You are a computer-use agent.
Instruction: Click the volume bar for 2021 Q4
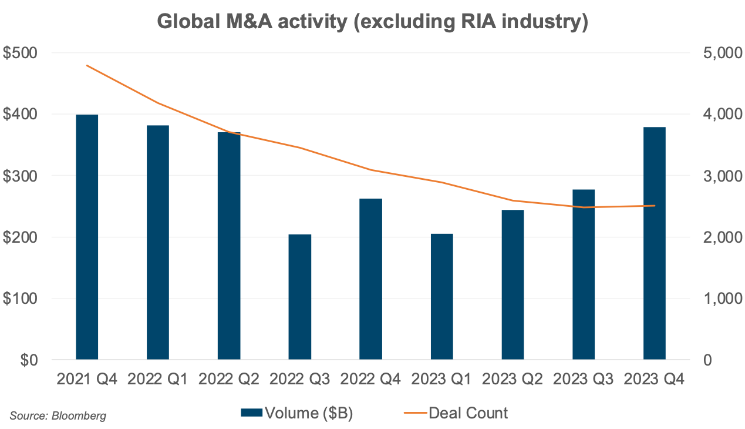87,237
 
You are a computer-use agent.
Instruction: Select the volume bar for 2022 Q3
300,297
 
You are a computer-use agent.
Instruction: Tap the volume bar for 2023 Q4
655,243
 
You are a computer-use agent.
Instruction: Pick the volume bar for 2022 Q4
370,279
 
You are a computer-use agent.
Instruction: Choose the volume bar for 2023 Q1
441,296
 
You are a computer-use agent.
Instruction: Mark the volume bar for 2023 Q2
513,284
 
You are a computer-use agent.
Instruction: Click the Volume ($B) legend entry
297,413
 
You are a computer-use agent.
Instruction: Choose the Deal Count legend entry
456,413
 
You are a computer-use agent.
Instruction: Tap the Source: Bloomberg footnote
58,416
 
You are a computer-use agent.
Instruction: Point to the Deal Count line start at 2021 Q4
87,65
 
